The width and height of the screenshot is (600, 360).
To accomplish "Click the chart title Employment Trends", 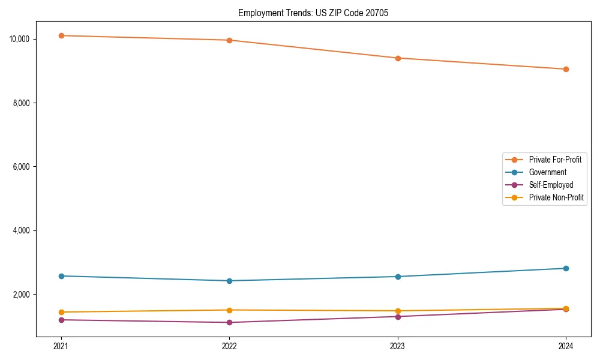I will pos(313,13).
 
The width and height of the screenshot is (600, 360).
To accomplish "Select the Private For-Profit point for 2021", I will pos(61,35).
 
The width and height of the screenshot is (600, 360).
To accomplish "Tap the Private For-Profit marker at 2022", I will pos(229,40).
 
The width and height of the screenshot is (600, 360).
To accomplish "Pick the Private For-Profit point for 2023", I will pos(398,58).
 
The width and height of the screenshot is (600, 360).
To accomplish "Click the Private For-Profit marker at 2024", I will pos(566,69).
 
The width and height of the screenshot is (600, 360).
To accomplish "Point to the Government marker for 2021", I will pos(61,276).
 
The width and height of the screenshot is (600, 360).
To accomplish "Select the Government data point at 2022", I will pos(229,281).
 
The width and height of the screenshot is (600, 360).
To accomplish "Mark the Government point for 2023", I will pos(398,277).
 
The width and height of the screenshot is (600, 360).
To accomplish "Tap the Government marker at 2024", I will pos(566,268).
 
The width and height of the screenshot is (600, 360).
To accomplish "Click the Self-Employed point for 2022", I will pos(229,322).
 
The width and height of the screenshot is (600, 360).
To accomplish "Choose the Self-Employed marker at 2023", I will pos(398,316).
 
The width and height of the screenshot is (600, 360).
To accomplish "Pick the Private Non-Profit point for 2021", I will pos(61,312).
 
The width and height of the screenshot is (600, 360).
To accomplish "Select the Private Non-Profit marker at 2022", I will pos(229,310).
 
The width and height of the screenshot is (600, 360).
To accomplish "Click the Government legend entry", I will pos(547,172).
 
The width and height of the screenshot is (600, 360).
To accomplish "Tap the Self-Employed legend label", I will pos(551,185).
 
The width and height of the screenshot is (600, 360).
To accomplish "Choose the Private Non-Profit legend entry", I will pos(556,197).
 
